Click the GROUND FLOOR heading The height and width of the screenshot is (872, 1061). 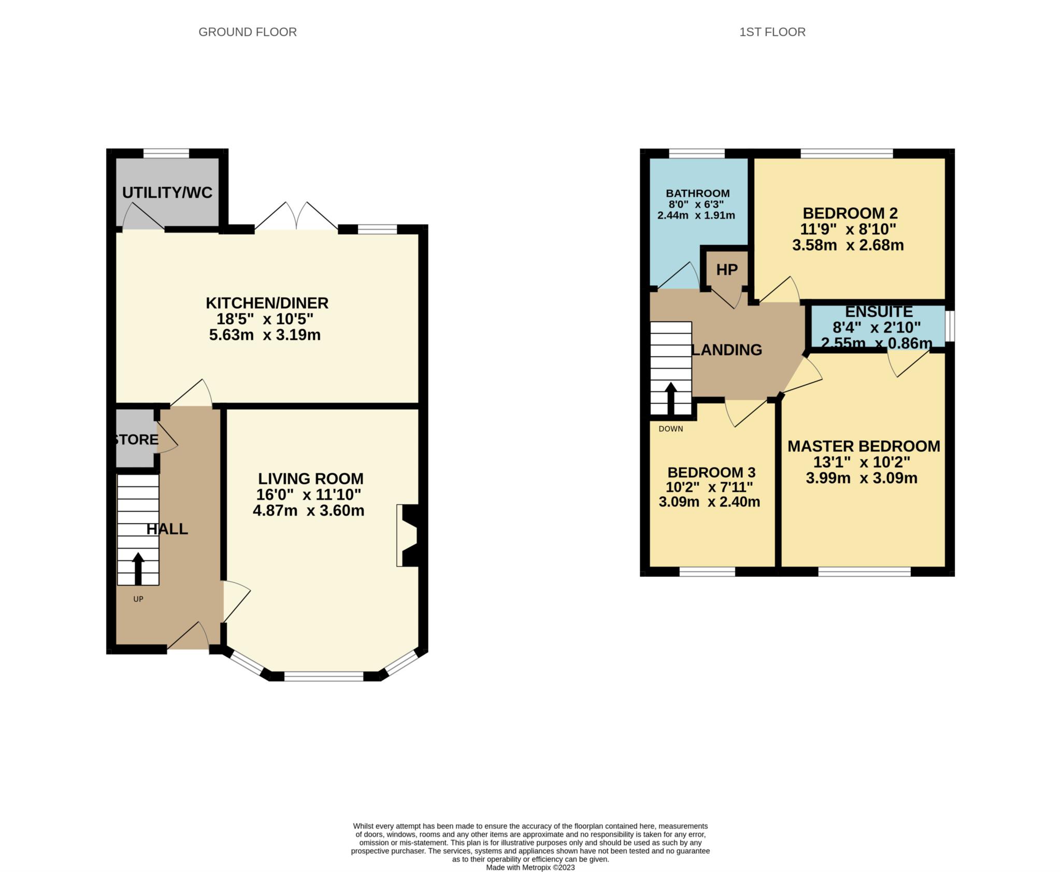tap(248, 32)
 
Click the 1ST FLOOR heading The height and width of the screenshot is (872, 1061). tap(772, 32)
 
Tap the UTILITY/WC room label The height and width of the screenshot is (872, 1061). tap(167, 193)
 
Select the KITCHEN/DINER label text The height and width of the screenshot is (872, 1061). tap(267, 303)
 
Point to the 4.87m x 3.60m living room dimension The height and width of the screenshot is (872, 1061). tap(308, 511)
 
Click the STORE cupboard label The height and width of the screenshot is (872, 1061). tap(136, 440)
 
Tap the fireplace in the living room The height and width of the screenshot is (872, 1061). tap(407, 535)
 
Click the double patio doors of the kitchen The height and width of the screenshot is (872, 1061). tap(296, 215)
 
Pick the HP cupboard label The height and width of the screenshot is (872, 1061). tap(727, 269)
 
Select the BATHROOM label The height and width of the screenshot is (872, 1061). tap(698, 194)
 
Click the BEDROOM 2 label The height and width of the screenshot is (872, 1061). tap(850, 213)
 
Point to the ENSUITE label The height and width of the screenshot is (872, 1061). tap(879, 312)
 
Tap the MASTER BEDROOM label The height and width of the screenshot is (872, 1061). tap(864, 446)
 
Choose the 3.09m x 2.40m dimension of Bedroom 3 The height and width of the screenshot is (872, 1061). tap(709, 502)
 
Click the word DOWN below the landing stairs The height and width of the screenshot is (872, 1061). tap(671, 429)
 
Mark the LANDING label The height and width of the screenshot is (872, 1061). tap(727, 350)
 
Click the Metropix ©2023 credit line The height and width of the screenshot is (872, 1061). tap(530, 867)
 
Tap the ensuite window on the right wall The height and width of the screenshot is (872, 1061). tap(950, 326)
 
